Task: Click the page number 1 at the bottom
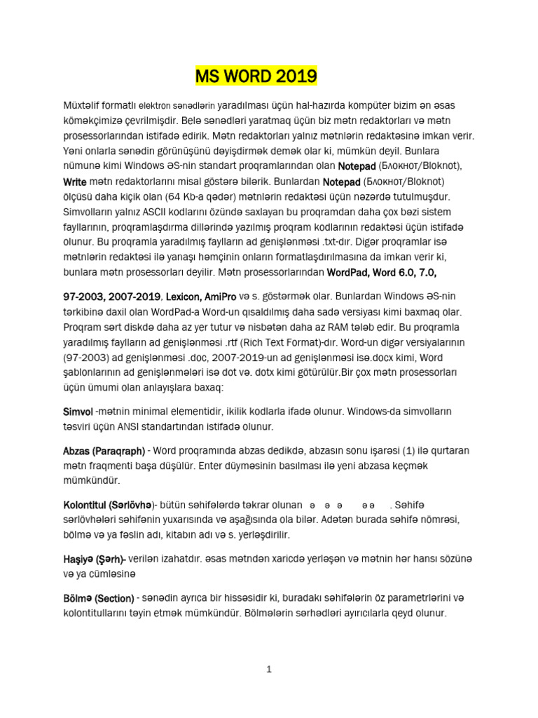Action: pyautogui.click(x=269, y=670)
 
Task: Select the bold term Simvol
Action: pyautogui.click(x=78, y=412)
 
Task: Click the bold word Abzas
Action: pyautogui.click(x=78, y=451)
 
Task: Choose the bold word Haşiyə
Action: pyautogui.click(x=78, y=560)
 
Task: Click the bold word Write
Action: pyautogui.click(x=75, y=182)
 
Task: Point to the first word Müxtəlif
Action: pyautogui.click(x=81, y=105)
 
